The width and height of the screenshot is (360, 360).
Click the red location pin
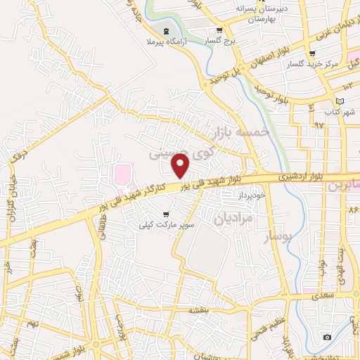[181, 165]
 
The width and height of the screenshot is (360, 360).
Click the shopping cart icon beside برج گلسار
[219, 30]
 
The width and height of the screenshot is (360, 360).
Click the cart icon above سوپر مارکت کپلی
[166, 214]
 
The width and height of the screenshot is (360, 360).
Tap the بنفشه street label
[200, 310]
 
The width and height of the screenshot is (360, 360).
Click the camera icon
[327, 337]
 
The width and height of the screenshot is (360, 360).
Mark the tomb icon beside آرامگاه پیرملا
[166, 32]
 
